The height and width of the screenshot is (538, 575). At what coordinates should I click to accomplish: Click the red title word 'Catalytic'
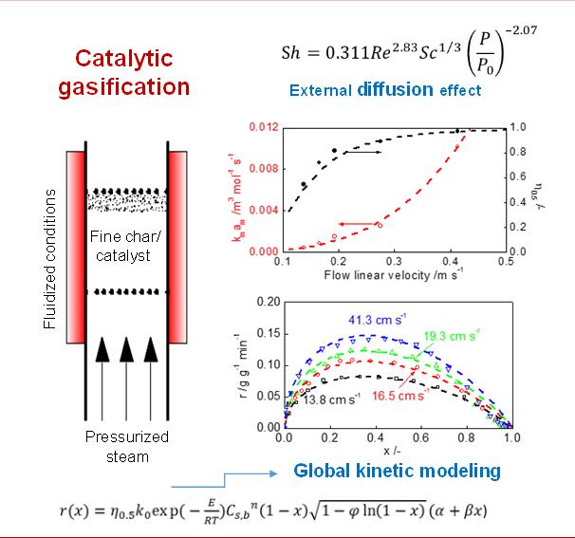pos(126,59)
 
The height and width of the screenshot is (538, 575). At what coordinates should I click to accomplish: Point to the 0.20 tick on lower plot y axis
pos(269,301)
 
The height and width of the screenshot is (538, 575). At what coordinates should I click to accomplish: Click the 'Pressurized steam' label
pos(127,446)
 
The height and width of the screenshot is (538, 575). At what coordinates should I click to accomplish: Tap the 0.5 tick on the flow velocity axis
pos(499,260)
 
